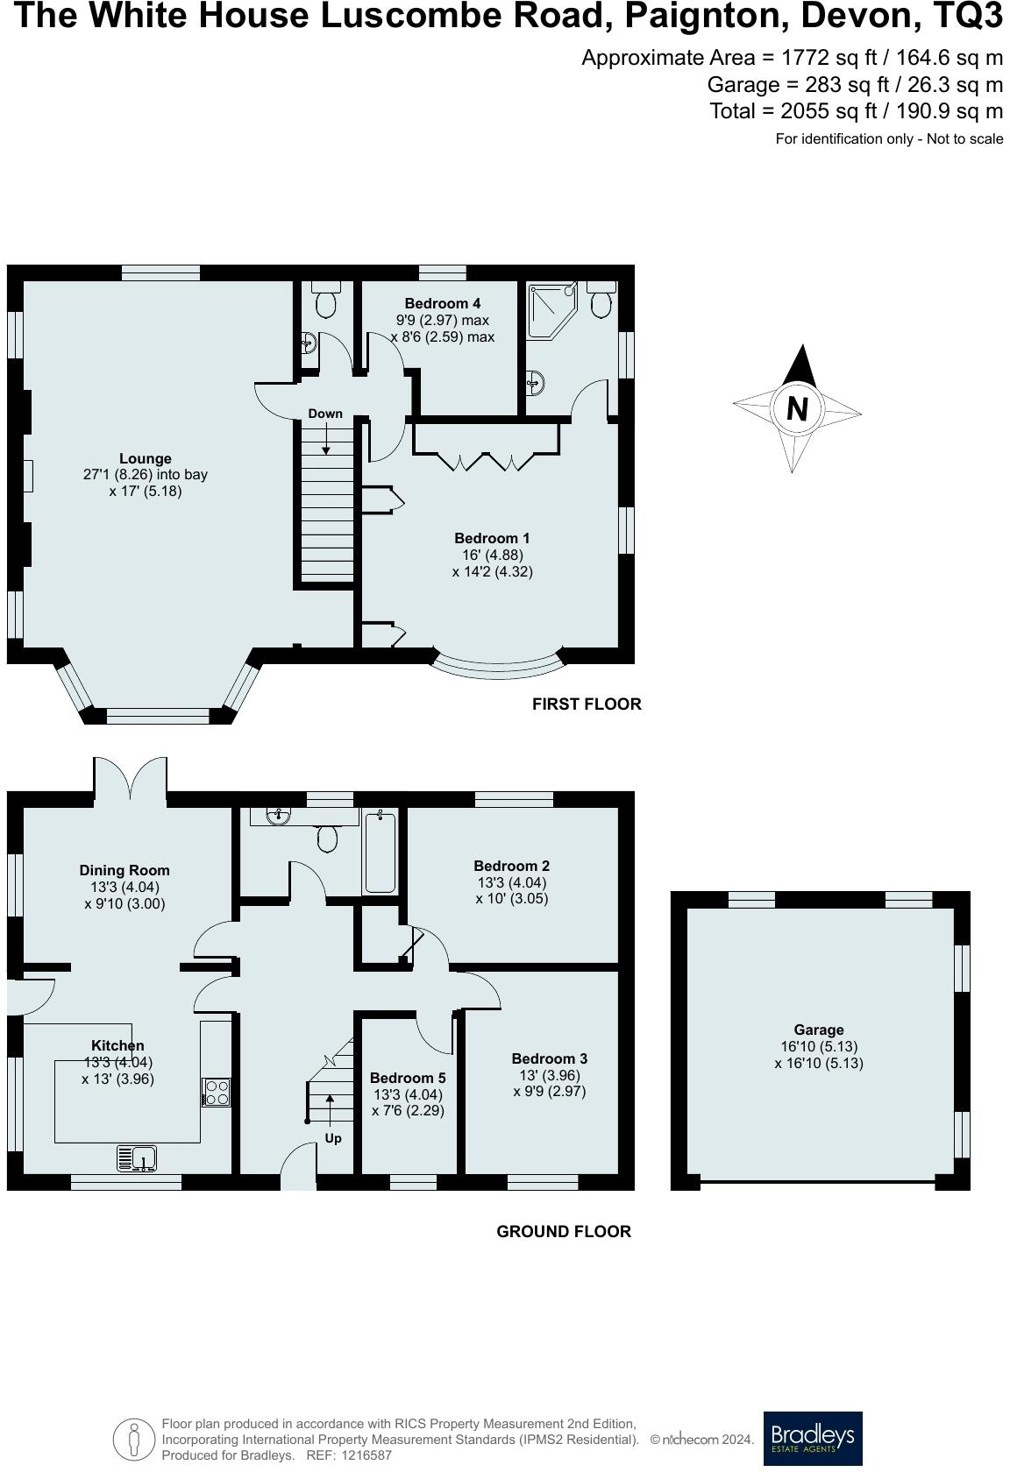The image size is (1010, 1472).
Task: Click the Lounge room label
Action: pyautogui.click(x=146, y=458)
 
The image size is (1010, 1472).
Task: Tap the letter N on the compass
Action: pyautogui.click(x=796, y=409)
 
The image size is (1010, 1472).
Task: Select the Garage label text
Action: pyautogui.click(x=819, y=1030)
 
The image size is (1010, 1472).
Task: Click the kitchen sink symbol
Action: pyautogui.click(x=136, y=1158)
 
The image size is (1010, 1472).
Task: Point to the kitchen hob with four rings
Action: pyautogui.click(x=217, y=1092)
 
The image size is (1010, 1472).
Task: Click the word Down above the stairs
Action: pyautogui.click(x=325, y=414)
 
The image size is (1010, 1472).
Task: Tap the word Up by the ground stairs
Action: pyautogui.click(x=333, y=1138)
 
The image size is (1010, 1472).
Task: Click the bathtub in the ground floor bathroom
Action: pyautogui.click(x=381, y=853)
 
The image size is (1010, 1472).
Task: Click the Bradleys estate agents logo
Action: pyautogui.click(x=812, y=1438)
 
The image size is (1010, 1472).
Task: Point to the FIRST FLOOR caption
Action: pyautogui.click(x=587, y=704)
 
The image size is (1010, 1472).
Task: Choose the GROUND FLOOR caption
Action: pyautogui.click(x=564, y=1231)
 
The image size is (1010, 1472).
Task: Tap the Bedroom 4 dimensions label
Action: pyautogui.click(x=443, y=329)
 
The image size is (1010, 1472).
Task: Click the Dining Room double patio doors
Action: pyautogui.click(x=130, y=777)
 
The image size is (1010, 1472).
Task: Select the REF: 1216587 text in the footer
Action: pyautogui.click(x=348, y=1455)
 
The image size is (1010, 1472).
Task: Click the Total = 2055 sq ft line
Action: pyautogui.click(x=856, y=111)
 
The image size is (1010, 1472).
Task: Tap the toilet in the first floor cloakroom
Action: pyautogui.click(x=326, y=301)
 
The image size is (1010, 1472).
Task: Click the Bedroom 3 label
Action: pyautogui.click(x=550, y=1058)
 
